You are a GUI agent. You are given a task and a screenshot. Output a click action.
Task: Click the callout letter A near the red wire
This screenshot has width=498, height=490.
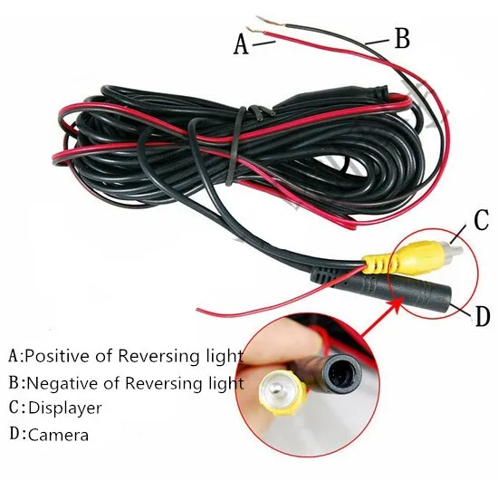point(241,44)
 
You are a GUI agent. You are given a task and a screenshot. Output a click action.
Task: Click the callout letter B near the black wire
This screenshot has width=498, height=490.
point(402,38)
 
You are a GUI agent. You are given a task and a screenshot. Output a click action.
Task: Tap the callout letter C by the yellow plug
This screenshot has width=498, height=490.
point(481,220)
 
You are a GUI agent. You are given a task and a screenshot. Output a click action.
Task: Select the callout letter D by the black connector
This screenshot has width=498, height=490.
point(483,316)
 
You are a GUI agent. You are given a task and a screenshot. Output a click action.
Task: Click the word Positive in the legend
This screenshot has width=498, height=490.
point(58,356)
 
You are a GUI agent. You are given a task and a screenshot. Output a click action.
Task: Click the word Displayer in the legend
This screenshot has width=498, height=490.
point(65,408)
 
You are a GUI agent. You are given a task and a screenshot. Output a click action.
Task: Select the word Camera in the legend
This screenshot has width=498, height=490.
point(59,435)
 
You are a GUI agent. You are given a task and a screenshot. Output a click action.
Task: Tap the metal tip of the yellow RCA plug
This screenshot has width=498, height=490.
point(453,248)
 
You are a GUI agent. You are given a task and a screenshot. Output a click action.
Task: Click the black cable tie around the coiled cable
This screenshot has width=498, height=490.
point(236,146)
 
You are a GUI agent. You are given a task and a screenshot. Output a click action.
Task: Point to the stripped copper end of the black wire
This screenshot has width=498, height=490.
point(271,21)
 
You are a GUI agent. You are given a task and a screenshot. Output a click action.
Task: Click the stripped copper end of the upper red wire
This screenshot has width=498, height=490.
point(255,30)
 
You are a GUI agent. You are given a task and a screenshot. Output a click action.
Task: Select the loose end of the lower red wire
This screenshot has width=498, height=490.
point(198,310)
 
